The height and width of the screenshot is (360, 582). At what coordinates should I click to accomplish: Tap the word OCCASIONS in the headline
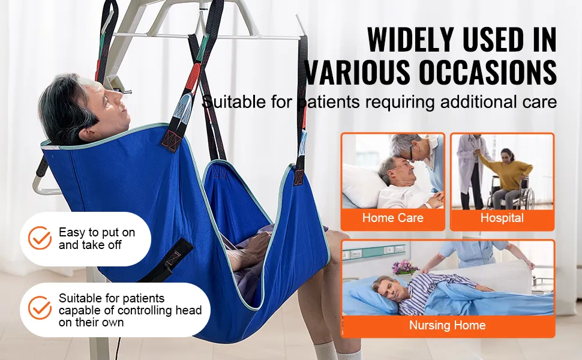click(488, 71)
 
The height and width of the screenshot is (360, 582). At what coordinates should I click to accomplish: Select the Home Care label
click(393, 217)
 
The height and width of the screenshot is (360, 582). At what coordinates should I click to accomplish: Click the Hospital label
click(502, 217)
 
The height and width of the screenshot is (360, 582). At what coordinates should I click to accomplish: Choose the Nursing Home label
click(447, 325)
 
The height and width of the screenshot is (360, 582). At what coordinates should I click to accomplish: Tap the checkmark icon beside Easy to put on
click(40, 238)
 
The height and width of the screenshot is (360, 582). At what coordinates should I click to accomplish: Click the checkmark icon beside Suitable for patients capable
click(40, 308)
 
